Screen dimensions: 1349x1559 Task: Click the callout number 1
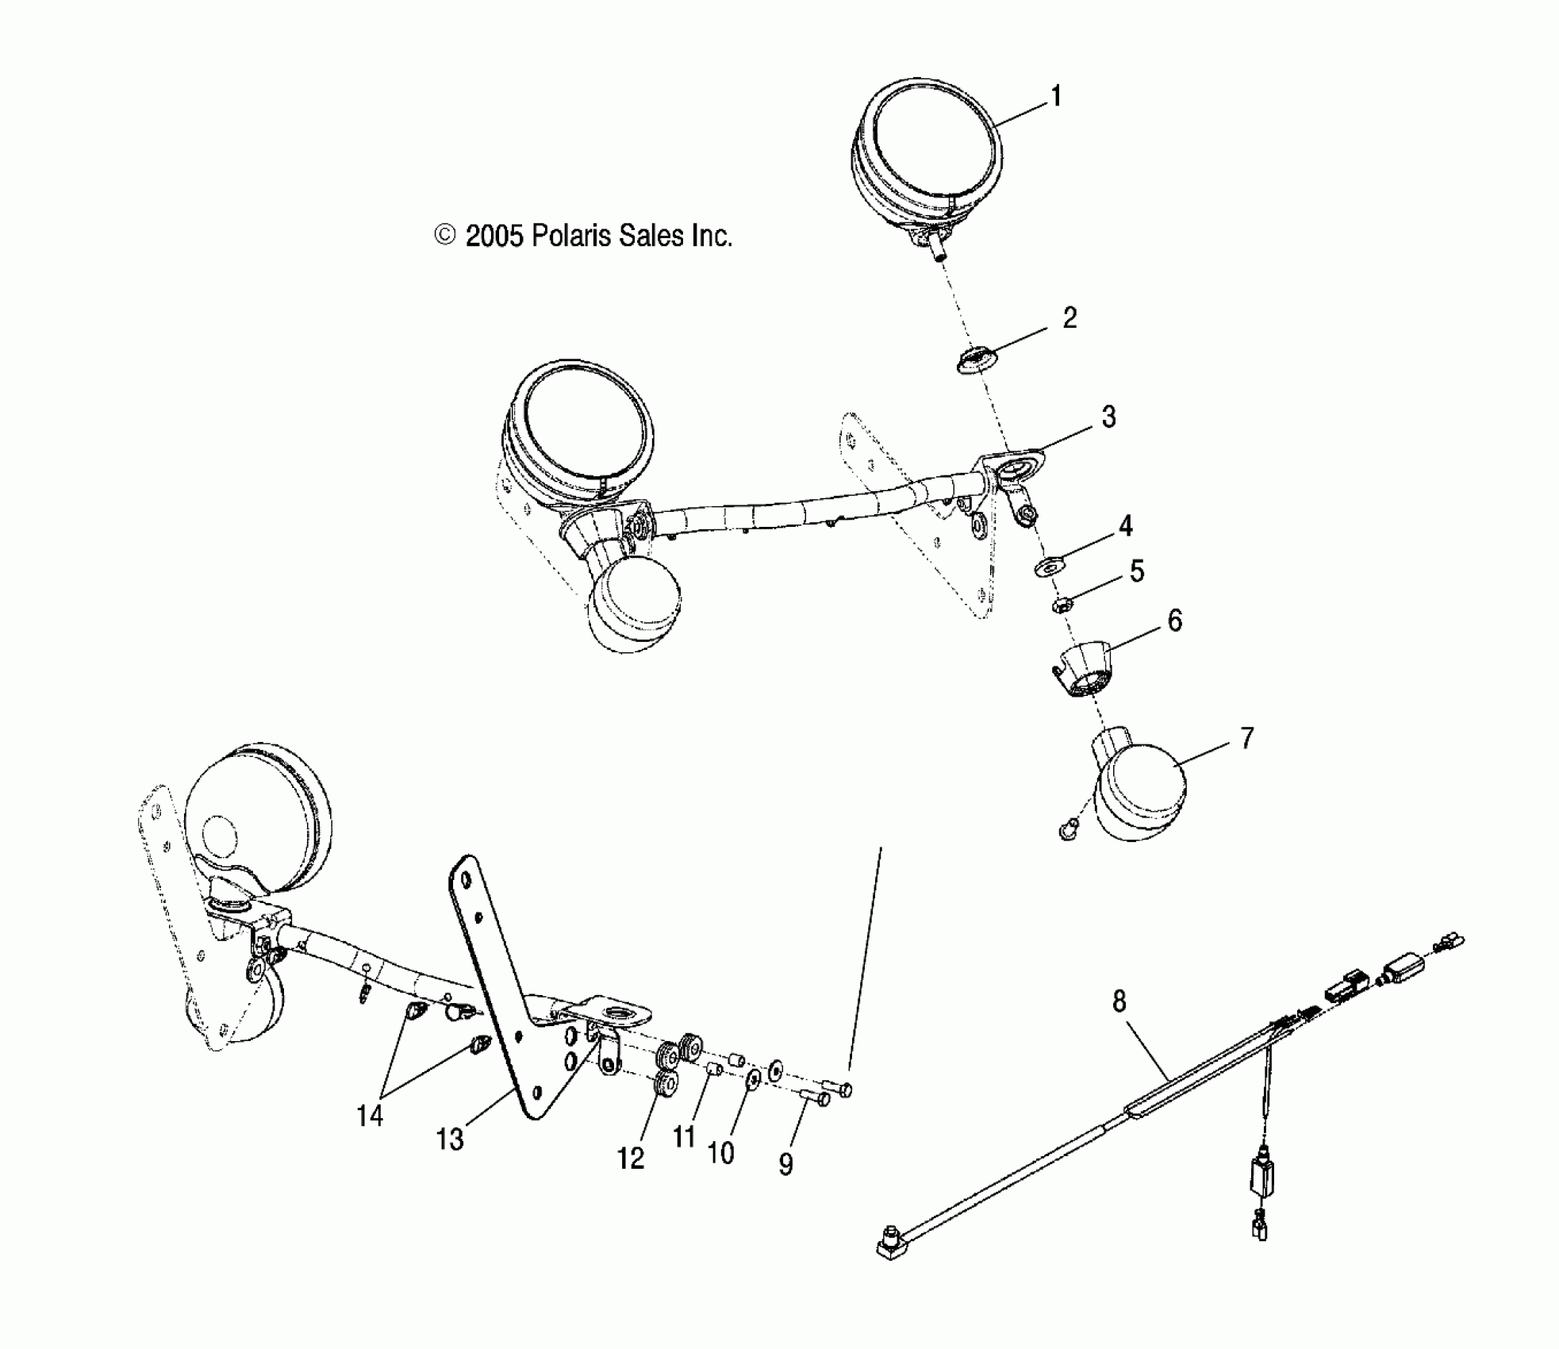click(x=1055, y=97)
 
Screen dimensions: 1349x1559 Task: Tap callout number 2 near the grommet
click(x=1069, y=318)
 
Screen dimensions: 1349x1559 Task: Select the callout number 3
click(x=1108, y=417)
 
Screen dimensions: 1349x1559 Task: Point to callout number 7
click(x=1246, y=739)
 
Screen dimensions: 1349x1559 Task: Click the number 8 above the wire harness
click(x=1119, y=1002)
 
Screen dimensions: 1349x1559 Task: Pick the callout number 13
click(x=450, y=1140)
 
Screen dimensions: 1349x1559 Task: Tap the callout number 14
click(x=370, y=1116)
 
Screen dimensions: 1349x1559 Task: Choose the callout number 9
click(x=785, y=1164)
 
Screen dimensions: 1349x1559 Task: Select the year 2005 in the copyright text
click(x=494, y=236)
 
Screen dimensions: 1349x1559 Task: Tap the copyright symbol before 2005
click(x=445, y=236)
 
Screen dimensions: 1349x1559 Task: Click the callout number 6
click(x=1174, y=621)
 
